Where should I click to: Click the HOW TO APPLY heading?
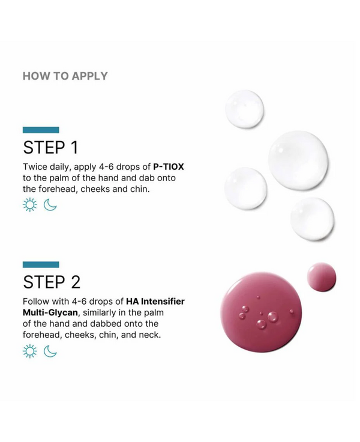click(65, 76)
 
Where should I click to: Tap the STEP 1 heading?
click(50, 148)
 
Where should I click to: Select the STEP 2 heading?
click(52, 282)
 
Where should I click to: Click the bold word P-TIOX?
click(169, 167)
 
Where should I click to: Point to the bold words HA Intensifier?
click(155, 301)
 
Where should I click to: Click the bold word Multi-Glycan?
click(50, 312)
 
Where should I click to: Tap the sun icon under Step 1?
click(30, 205)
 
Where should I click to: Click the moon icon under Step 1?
click(50, 205)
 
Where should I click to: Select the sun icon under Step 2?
click(30, 351)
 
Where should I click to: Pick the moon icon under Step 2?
click(50, 351)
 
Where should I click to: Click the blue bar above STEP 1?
click(41, 130)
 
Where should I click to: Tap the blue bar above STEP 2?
click(41, 264)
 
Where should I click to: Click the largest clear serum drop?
click(298, 160)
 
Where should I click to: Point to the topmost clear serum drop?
click(244, 109)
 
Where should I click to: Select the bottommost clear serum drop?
click(312, 219)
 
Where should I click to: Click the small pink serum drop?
click(322, 277)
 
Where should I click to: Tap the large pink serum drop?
click(261, 312)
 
